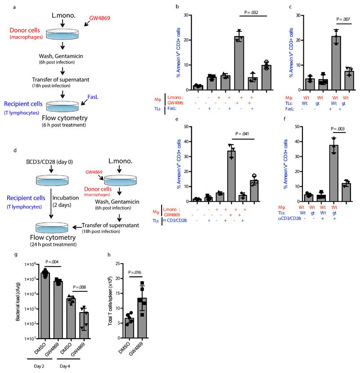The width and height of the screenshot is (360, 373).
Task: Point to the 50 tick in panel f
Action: coord(288,127)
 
